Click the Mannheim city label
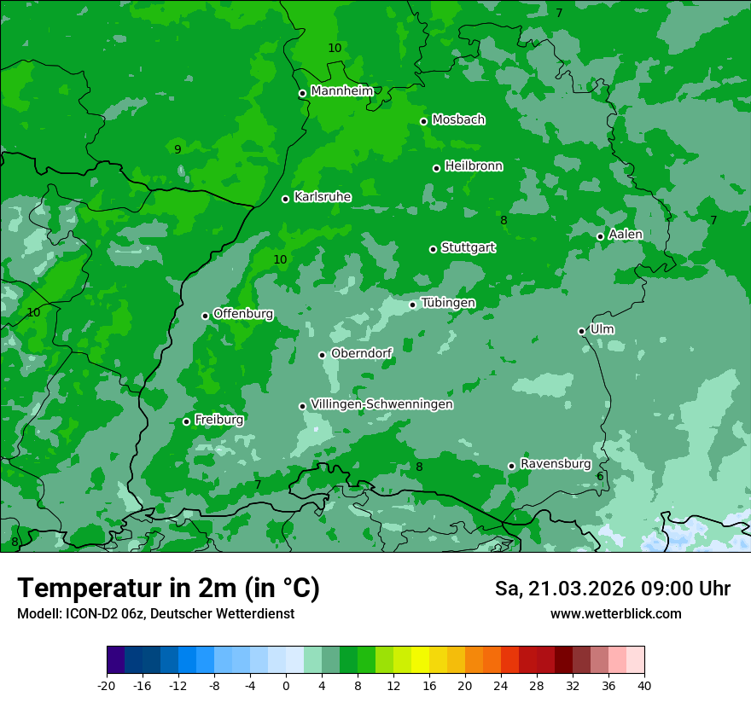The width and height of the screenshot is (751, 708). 341,91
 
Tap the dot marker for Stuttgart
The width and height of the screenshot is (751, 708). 433,249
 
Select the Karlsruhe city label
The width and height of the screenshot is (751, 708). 322,197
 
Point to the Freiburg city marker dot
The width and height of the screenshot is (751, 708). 186,421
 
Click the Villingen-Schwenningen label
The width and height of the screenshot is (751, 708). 381,404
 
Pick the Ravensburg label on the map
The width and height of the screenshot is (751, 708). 555,464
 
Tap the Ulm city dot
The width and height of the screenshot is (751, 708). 581,331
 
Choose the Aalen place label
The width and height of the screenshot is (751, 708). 625,235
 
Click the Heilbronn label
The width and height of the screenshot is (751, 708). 473,166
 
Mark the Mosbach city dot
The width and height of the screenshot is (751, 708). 423,121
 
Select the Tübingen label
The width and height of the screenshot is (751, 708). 447,303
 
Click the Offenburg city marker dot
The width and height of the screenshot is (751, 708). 205,316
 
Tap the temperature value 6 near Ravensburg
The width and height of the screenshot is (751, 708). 600,476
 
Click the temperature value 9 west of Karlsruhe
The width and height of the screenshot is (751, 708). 178,149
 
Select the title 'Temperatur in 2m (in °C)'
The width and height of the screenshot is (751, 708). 168,588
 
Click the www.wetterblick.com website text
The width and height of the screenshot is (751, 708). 615,613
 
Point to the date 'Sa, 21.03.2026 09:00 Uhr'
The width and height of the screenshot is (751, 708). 612,589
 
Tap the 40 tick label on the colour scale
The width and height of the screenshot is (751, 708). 644,685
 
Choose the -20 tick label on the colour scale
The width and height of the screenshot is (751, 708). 106,685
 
